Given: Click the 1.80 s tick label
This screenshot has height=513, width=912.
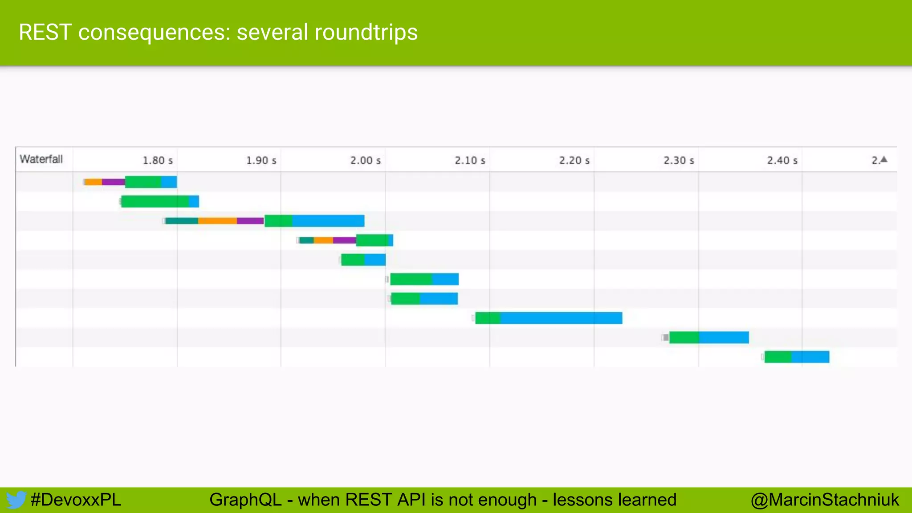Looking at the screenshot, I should pos(158,160).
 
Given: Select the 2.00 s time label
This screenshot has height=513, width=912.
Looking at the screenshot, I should pos(365,160).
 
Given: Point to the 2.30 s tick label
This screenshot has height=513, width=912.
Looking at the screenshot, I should pos(679,160).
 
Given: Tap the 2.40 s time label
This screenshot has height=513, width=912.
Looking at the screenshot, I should pos(782,160).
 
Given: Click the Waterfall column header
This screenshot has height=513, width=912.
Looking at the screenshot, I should pos(41,159).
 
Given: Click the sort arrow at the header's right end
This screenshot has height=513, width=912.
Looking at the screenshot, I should pos(884,159).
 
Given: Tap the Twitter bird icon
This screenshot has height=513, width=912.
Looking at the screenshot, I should pos(16,500).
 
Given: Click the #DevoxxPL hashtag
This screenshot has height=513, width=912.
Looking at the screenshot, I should pos(76,500).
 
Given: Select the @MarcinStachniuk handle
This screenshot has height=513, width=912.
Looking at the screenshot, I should pos(825,500).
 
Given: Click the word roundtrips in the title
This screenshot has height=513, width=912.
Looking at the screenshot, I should pos(366,33).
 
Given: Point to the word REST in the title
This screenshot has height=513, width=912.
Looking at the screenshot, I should pos(45,33).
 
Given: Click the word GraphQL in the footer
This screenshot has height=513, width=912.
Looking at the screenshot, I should pos(245,500).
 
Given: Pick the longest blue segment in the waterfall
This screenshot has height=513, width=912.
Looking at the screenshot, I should pos(561,318).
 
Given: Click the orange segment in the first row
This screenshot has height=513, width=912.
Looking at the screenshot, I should pos(94,182).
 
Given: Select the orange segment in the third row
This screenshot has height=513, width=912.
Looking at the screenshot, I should pos(217,221).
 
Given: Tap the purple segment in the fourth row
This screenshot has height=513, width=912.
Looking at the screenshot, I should pos(344,240).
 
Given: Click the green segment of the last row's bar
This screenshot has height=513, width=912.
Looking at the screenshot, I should pos(778,357).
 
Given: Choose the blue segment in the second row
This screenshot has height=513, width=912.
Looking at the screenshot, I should pos(194,201).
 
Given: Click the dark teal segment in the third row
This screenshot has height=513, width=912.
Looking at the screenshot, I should pos(182,221).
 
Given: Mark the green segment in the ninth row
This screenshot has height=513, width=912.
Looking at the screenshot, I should pos(684,338).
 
